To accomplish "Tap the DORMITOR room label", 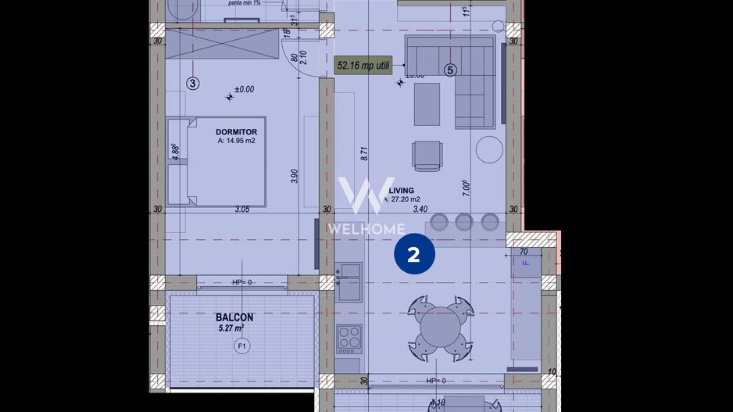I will pos(236,132).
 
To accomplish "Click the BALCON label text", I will pos(234,317).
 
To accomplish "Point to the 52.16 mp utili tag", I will pos(363,65).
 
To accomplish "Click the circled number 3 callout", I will pos(194,83).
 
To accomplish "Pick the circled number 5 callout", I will pos(449,70).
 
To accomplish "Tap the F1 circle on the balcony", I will pos(241,346).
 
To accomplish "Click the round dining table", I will pos(442,326).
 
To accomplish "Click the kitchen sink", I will pos(349,274).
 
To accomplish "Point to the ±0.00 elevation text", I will pos(244,89).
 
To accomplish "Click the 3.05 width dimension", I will pos(242,210).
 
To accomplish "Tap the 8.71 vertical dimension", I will pos(364,153).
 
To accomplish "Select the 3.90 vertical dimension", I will pos(294,177).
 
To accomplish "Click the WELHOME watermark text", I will pos(366,229).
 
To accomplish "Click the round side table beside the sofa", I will pos(490,149).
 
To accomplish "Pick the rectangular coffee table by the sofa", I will pos(427,104).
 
